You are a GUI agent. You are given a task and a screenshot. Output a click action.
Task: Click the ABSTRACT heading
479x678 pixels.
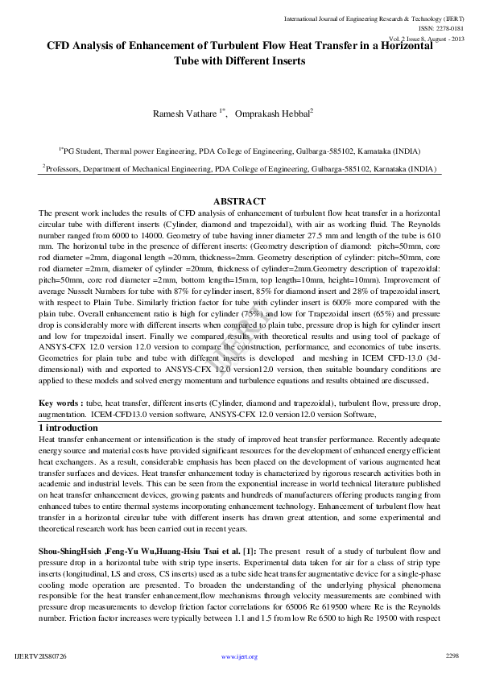click(239, 201)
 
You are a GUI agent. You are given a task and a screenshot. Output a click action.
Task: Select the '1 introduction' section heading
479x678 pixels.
click(68, 428)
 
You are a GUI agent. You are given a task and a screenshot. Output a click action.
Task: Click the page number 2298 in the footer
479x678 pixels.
click(452, 656)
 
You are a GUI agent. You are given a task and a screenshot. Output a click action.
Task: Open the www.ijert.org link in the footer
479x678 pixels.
click(239, 657)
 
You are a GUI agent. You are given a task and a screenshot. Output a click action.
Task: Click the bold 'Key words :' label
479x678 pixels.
click(60, 402)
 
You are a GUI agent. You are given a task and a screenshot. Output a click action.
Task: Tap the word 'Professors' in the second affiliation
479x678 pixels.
click(66, 170)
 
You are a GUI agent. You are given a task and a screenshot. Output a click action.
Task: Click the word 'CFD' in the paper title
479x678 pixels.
click(63, 47)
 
